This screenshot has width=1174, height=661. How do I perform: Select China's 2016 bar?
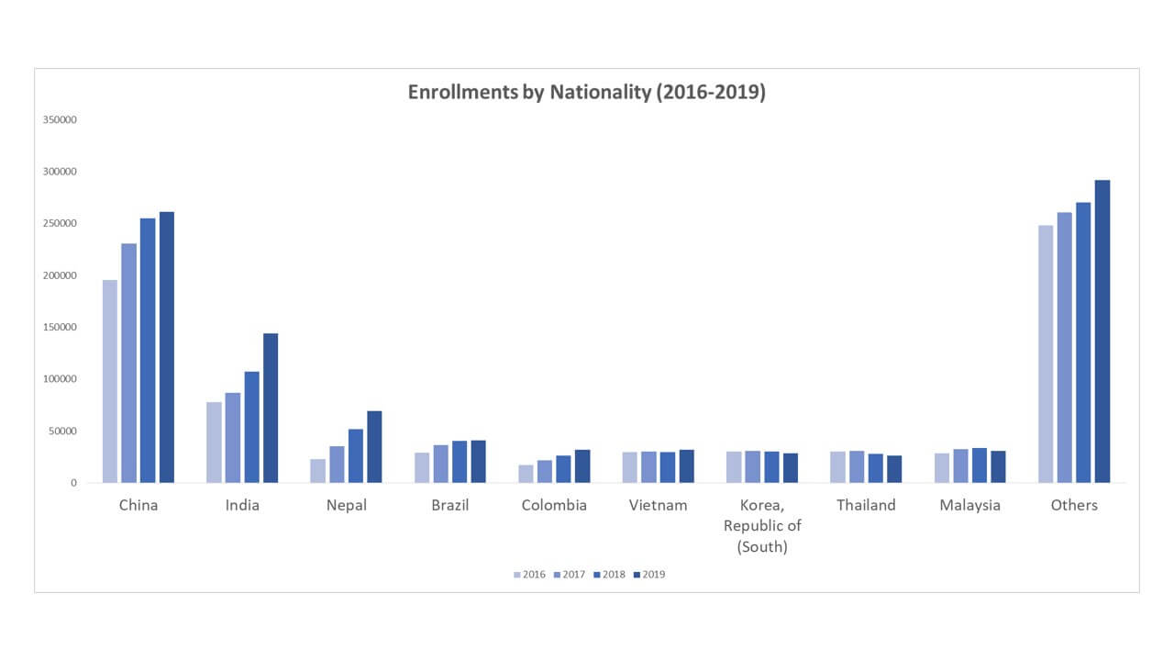click(110, 381)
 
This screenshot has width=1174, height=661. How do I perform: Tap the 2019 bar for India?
click(271, 409)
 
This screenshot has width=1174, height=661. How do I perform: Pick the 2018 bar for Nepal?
click(356, 456)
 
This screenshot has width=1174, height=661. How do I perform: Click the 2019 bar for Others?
click(1102, 331)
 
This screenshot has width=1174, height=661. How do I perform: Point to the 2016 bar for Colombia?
click(526, 474)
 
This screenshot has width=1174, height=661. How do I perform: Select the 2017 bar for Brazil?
click(441, 464)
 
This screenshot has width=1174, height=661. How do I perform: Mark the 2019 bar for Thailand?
click(894, 469)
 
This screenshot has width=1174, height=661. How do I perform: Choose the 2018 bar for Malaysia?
click(980, 465)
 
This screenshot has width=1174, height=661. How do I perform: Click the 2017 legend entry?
click(570, 575)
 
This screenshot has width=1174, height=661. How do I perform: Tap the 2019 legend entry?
click(649, 575)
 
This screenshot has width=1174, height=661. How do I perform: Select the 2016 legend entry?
click(529, 575)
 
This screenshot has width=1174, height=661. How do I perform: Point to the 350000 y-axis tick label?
click(60, 119)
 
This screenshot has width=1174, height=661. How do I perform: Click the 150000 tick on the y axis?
click(60, 327)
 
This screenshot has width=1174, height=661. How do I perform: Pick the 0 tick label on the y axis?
click(74, 483)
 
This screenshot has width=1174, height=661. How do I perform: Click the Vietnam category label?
click(658, 505)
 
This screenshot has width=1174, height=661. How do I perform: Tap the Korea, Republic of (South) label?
click(762, 526)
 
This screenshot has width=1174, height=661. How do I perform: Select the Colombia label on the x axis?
click(554, 505)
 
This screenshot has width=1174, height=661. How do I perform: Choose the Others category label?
click(1074, 505)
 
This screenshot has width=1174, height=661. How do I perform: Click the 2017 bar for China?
click(129, 363)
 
